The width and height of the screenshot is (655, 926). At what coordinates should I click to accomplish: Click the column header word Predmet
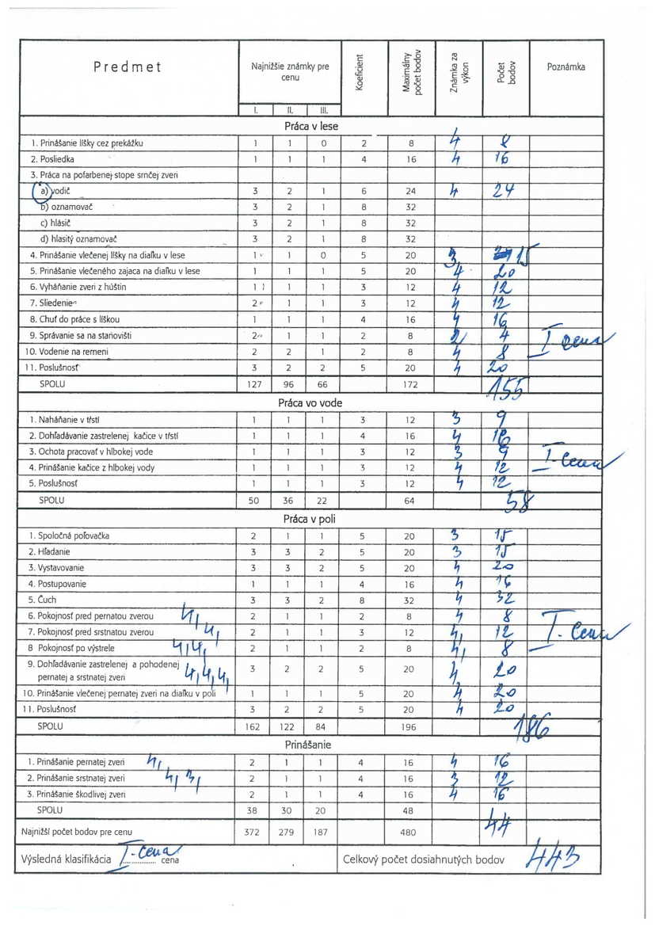click(127, 67)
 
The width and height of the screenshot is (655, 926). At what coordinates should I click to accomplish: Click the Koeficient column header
click(361, 70)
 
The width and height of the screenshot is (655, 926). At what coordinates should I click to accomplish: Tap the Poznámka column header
click(566, 67)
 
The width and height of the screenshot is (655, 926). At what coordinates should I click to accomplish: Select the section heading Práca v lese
click(310, 126)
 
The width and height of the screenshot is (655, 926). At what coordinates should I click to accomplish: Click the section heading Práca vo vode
click(310, 402)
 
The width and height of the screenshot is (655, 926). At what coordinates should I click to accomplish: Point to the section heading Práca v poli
click(310, 519)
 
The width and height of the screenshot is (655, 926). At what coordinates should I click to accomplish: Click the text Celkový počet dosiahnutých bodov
click(424, 859)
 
